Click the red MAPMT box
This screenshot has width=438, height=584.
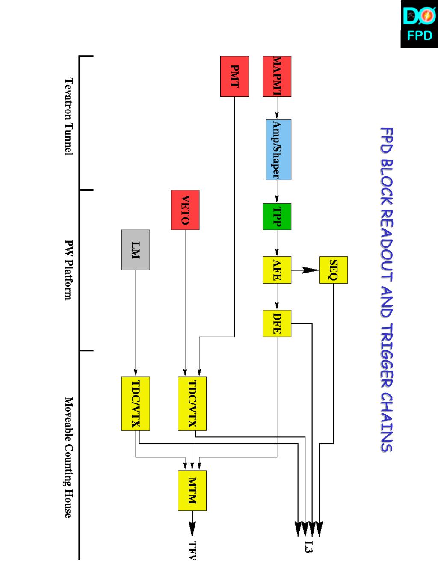[x=277, y=76]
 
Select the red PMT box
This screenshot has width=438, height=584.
[x=234, y=76]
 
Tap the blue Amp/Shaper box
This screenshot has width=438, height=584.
[x=278, y=149]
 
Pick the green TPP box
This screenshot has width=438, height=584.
[x=277, y=216]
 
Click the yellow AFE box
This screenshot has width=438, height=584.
[x=277, y=270]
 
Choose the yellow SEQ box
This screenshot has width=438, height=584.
[x=333, y=270]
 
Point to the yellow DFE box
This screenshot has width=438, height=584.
[x=277, y=323]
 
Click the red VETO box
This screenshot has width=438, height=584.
[x=185, y=210]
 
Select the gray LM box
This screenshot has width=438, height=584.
[x=136, y=250]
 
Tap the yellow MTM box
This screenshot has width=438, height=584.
[x=192, y=490]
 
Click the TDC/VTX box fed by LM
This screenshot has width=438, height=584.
[x=136, y=403]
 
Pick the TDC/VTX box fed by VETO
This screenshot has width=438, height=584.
[x=192, y=403]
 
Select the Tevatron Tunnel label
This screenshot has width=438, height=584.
[x=68, y=116]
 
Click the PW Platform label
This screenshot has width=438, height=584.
[x=68, y=270]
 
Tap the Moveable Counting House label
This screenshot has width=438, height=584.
[x=68, y=457]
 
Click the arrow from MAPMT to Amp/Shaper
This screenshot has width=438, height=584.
[x=277, y=108]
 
